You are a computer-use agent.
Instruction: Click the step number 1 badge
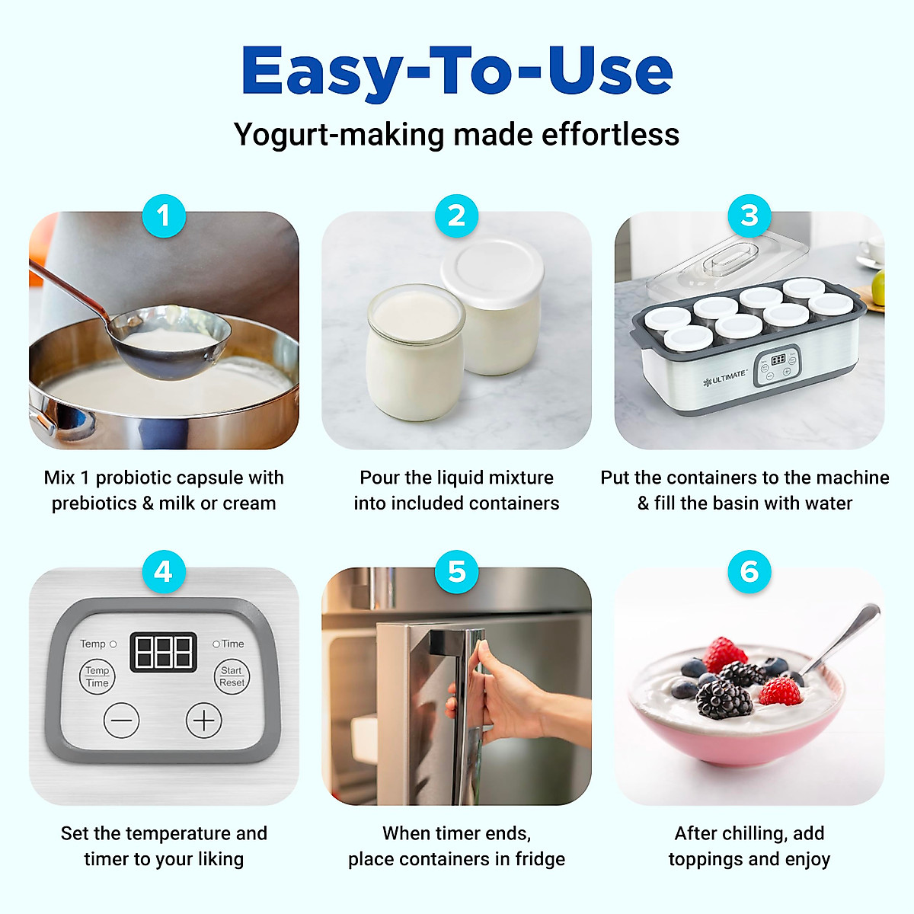[163, 216]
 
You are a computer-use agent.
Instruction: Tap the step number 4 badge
[163, 571]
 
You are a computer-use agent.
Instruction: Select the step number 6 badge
[749, 571]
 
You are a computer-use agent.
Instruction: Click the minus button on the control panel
[121, 721]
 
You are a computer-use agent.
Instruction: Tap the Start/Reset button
[232, 676]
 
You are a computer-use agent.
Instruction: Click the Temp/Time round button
[97, 676]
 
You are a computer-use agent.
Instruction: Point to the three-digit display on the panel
[163, 652]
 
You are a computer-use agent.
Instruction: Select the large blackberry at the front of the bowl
[724, 698]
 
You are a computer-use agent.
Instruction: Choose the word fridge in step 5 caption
[540, 859]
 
